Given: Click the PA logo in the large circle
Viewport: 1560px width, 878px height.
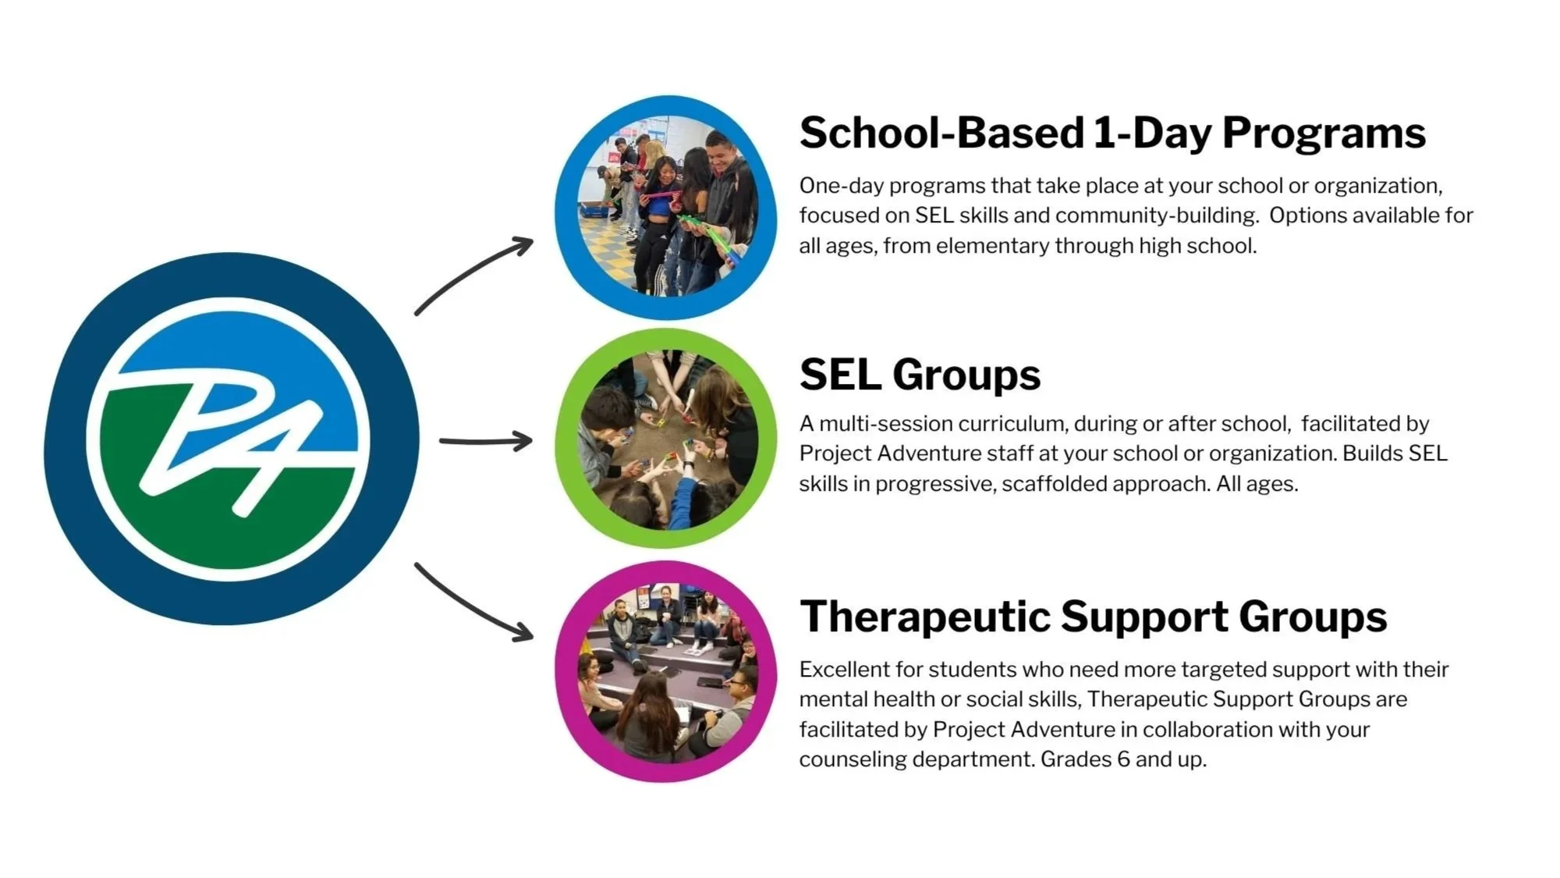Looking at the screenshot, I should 231,439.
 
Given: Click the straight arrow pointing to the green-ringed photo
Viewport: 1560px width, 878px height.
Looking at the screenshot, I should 485,442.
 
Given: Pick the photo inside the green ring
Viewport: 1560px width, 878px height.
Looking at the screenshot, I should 666,439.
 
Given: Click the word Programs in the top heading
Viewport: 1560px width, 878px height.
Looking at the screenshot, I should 1324,133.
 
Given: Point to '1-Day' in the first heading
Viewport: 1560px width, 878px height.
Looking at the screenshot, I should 1152,133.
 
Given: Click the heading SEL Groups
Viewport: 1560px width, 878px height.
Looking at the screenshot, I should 920,375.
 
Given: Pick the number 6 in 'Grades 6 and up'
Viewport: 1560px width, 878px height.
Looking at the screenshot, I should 1122,759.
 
